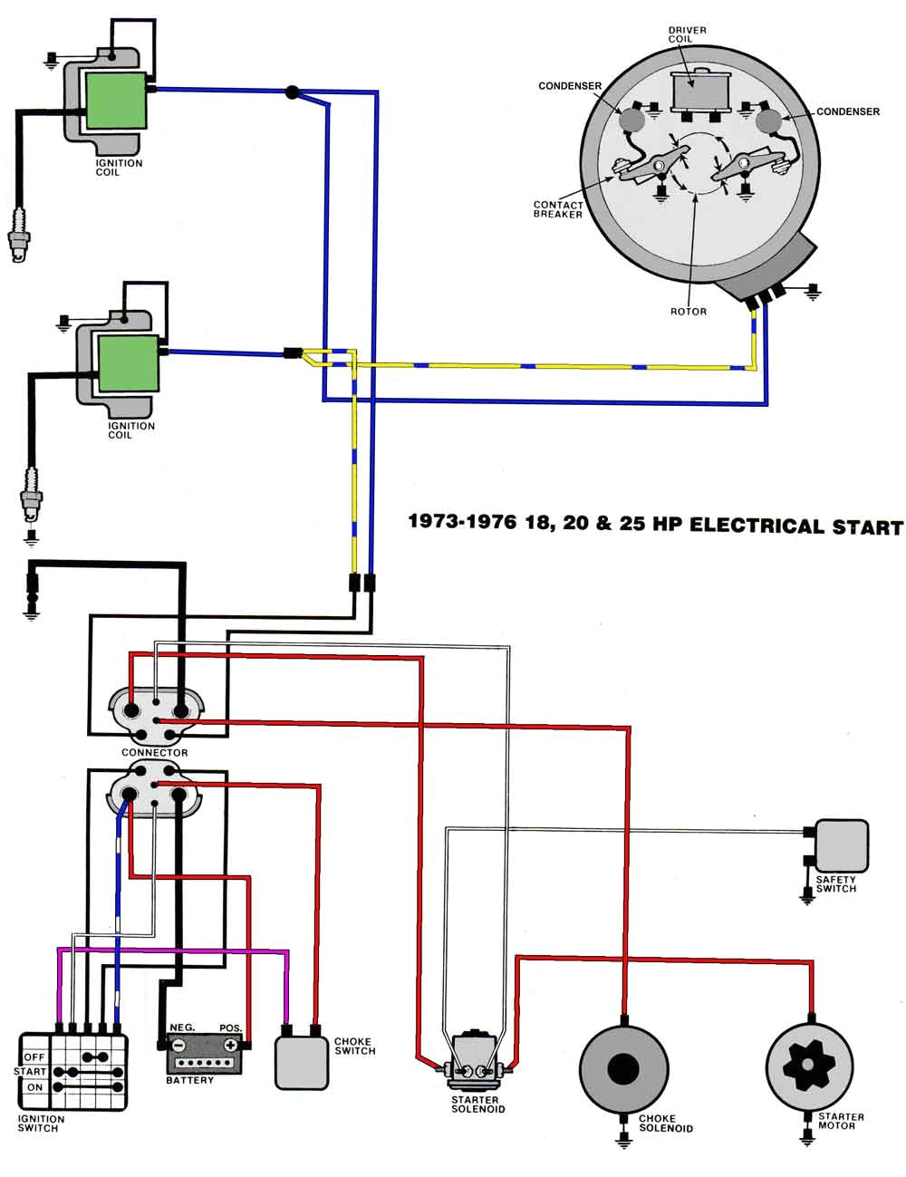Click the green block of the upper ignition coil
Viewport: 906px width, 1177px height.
click(x=115, y=101)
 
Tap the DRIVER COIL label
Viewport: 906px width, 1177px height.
click(x=687, y=35)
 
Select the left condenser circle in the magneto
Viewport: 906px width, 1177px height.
click(x=631, y=118)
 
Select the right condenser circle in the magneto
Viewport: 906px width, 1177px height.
click(x=769, y=118)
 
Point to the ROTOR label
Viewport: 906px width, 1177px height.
click(x=688, y=311)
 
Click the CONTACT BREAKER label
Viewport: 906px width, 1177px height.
click(x=557, y=209)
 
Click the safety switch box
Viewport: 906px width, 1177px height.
click(x=841, y=844)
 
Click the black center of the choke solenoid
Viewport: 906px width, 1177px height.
click(x=622, y=1068)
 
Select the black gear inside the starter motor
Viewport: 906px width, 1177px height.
click(x=809, y=1066)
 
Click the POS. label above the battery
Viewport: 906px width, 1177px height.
click(x=230, y=1027)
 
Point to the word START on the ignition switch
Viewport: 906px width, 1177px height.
click(x=30, y=1071)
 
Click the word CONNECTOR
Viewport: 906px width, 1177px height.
click(x=154, y=753)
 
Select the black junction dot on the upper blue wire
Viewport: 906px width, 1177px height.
click(x=292, y=92)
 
